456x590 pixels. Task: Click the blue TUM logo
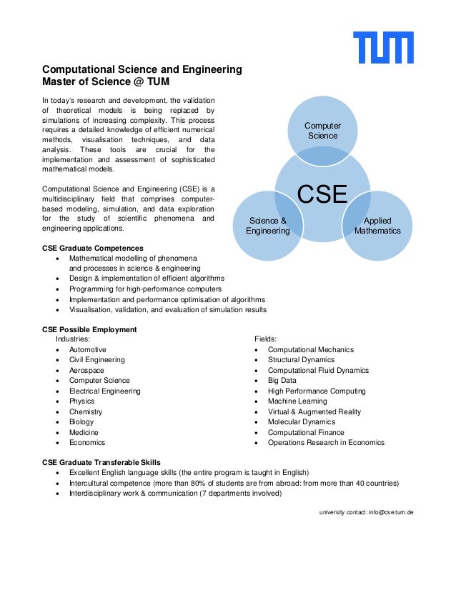click(384, 47)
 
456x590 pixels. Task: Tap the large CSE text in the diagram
click(322, 194)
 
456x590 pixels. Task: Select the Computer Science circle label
click(322, 131)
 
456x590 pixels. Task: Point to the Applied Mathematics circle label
click(377, 226)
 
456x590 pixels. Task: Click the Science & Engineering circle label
click(268, 226)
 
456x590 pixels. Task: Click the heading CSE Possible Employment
click(89, 329)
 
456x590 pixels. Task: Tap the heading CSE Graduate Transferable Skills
click(101, 462)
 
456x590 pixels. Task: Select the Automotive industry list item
click(87, 350)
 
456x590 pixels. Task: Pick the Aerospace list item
click(86, 371)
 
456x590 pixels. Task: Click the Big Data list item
click(283, 381)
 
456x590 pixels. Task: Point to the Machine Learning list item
click(297, 401)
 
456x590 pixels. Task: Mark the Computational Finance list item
click(306, 432)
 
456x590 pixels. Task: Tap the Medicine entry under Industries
click(84, 432)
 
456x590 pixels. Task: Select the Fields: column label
click(266, 339)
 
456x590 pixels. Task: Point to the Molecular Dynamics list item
click(301, 422)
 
